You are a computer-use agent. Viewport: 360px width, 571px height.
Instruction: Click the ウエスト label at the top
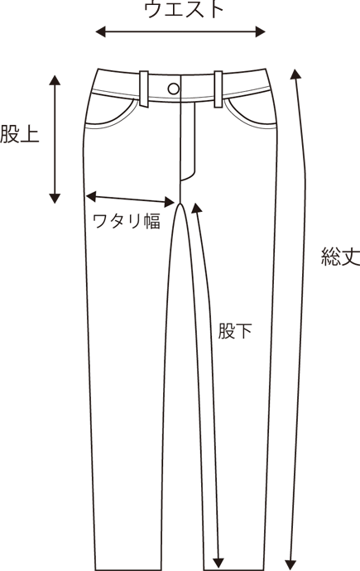(184, 9)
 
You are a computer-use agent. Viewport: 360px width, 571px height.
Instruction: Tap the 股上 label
(20, 133)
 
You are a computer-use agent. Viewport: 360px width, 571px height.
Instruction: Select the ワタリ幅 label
(127, 222)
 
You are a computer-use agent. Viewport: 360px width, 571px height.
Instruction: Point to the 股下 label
(235, 331)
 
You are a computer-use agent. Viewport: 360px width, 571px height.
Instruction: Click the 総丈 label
(341, 257)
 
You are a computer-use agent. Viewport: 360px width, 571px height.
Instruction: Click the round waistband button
(174, 89)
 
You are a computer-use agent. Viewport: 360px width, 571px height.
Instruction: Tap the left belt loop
(144, 89)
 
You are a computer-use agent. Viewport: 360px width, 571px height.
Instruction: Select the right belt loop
(218, 89)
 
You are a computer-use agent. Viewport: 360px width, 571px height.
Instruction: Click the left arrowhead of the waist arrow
(100, 32)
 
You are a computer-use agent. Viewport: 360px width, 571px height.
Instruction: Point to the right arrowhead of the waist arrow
(260, 32)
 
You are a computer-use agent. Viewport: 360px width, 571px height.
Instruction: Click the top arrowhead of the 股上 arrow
(55, 80)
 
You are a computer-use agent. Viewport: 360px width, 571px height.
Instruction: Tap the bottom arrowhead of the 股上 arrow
(55, 199)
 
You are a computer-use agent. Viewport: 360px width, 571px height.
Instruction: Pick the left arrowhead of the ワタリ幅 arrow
(91, 196)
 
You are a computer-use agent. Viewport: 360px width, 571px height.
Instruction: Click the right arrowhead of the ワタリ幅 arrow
(170, 202)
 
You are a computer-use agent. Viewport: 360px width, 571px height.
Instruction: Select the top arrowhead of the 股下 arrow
(197, 208)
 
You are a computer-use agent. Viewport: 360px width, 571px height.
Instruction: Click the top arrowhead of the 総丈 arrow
(295, 74)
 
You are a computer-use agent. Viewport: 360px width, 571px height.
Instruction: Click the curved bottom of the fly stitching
(189, 177)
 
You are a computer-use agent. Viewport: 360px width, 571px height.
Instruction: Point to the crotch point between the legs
(180, 204)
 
